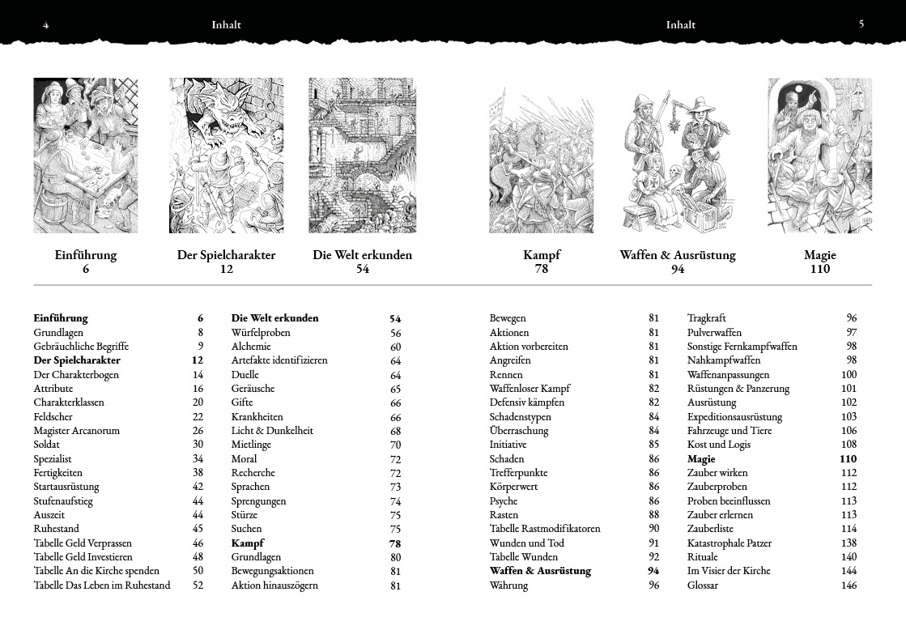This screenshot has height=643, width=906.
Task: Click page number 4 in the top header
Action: pyautogui.click(x=46, y=25)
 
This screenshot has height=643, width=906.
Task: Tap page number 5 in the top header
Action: pyautogui.click(x=861, y=23)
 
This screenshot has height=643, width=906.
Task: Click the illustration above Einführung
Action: pyautogui.click(x=86, y=155)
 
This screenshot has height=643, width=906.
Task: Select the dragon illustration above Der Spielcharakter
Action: pyautogui.click(x=226, y=155)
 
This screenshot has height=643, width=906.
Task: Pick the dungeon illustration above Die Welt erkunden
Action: pyautogui.click(x=362, y=155)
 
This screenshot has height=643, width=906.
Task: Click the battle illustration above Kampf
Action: pyautogui.click(x=541, y=162)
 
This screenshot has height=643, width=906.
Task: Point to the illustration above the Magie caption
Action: pyautogui.click(x=819, y=155)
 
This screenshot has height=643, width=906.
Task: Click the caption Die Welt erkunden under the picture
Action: pyautogui.click(x=362, y=255)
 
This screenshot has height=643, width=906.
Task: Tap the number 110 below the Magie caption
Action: pyautogui.click(x=819, y=270)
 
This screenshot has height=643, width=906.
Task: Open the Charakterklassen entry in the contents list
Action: pyautogui.click(x=69, y=402)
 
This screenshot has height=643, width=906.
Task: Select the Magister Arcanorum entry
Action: pyautogui.click(x=76, y=431)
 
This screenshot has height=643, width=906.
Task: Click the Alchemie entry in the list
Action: pyautogui.click(x=251, y=347)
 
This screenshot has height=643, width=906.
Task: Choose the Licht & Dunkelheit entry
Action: pyautogui.click(x=272, y=431)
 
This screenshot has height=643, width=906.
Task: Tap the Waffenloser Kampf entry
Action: pyautogui.click(x=530, y=389)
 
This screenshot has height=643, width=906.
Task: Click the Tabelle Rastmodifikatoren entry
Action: pyautogui.click(x=545, y=529)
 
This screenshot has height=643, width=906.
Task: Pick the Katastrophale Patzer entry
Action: pyautogui.click(x=729, y=543)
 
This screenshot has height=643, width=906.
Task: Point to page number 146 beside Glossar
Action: pyautogui.click(x=849, y=586)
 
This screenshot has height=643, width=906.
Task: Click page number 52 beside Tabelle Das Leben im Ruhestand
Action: pyautogui.click(x=198, y=586)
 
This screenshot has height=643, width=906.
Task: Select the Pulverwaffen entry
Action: pyautogui.click(x=714, y=333)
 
